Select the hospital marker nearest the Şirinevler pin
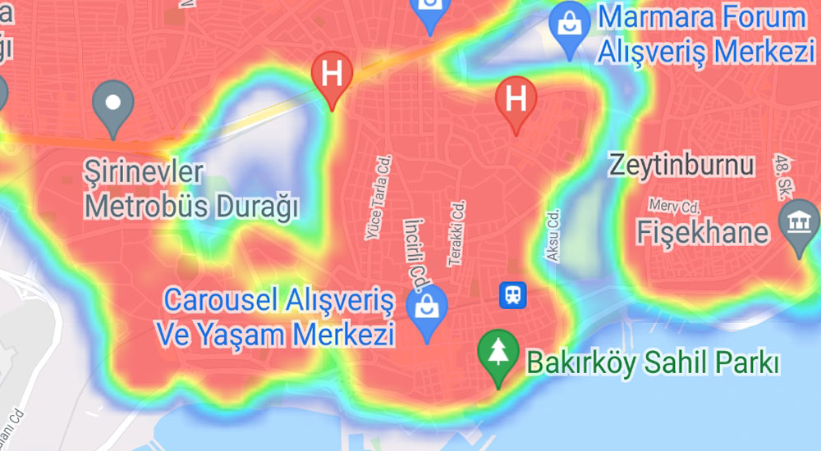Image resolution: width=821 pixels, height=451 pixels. pos(333,74)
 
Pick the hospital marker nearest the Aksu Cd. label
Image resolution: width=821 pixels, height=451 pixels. pos(516,99)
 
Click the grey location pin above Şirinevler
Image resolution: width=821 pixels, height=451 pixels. pos(113,104)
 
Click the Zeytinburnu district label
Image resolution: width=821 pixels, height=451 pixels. pos(681,165)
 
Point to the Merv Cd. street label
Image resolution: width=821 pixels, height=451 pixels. pos(676,204)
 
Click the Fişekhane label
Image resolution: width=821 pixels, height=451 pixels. pos(703,234)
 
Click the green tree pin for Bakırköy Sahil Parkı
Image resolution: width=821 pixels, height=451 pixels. pos(497,354)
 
